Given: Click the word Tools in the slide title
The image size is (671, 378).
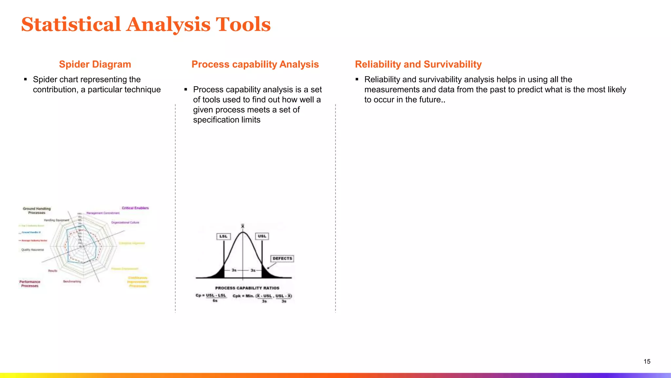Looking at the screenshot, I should tap(243, 25).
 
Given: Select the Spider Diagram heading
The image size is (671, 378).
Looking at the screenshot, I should tap(95, 64).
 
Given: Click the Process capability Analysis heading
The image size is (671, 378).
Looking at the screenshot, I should tap(255, 64).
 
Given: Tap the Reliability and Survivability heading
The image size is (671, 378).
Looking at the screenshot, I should tap(418, 64).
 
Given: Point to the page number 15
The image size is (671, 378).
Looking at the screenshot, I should tap(647, 361).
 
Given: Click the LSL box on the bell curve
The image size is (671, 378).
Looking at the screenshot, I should tap(223, 236).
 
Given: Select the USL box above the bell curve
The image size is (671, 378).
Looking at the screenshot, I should tap(262, 236).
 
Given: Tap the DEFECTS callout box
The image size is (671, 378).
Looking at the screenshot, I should tap(282, 259).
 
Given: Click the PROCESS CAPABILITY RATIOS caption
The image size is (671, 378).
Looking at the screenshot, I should tap(247, 288).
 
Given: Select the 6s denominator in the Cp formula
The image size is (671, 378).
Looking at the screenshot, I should tap(215, 301).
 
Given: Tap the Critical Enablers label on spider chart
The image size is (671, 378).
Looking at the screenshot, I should tap(135, 208).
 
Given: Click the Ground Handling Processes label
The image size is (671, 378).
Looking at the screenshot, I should tap(37, 211).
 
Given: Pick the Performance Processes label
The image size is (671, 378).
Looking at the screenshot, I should tap(30, 284).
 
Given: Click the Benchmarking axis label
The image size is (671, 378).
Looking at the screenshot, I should tap(72, 282).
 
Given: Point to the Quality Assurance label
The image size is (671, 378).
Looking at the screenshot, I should tap(32, 250).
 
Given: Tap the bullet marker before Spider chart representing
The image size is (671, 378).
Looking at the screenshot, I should tap(26, 79).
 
